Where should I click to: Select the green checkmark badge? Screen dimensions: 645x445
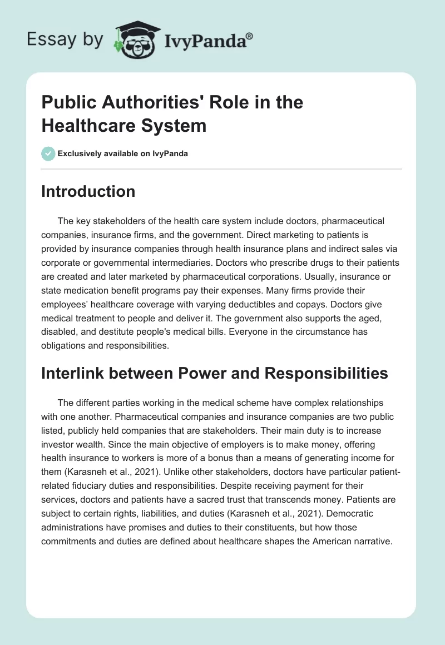48,153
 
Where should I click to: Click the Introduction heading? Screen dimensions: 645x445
88,191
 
